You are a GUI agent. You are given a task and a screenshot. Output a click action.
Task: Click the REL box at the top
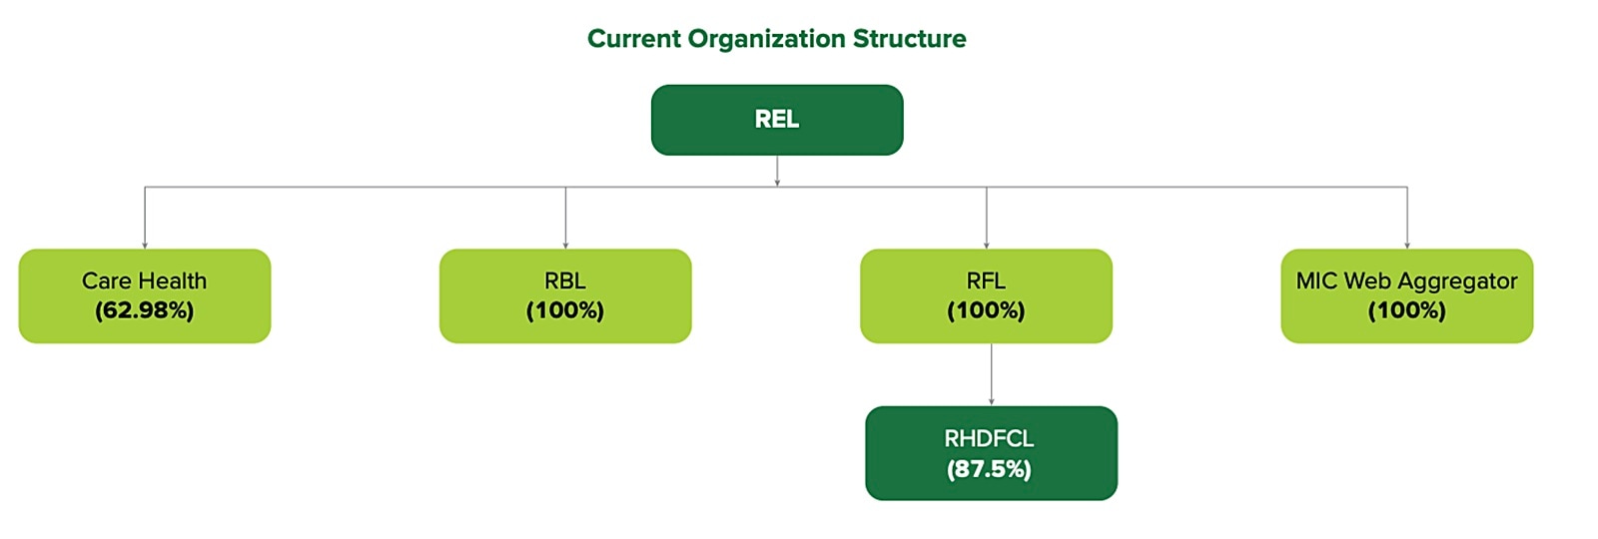[x=777, y=120]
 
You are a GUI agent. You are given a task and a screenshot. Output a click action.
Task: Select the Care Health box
[x=145, y=295]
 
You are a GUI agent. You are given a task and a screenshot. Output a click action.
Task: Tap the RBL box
[x=565, y=295]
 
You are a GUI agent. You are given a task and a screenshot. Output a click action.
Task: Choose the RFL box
[x=986, y=295]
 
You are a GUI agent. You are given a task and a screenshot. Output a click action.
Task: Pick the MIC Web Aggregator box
[x=1406, y=295]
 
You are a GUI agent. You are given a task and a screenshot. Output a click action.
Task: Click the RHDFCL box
[x=991, y=453]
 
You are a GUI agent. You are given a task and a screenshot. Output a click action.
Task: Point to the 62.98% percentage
[x=145, y=311]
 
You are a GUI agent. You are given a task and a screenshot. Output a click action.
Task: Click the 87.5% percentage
[x=989, y=469]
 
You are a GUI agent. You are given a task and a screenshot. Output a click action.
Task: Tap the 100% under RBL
[x=565, y=311]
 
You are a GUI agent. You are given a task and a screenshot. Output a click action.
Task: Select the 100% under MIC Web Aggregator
[x=1406, y=311]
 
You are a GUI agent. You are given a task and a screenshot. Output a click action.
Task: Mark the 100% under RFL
[x=986, y=311]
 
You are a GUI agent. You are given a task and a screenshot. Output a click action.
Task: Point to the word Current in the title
[x=634, y=39]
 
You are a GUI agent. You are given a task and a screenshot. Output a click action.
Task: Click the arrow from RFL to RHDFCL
[x=991, y=375]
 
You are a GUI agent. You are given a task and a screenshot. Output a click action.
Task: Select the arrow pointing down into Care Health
[x=145, y=220]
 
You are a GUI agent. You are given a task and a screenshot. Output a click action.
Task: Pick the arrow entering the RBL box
[x=565, y=220]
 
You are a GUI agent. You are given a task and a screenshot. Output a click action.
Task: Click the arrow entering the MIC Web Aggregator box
[x=1406, y=220]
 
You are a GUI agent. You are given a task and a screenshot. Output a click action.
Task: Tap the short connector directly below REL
[x=777, y=171]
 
